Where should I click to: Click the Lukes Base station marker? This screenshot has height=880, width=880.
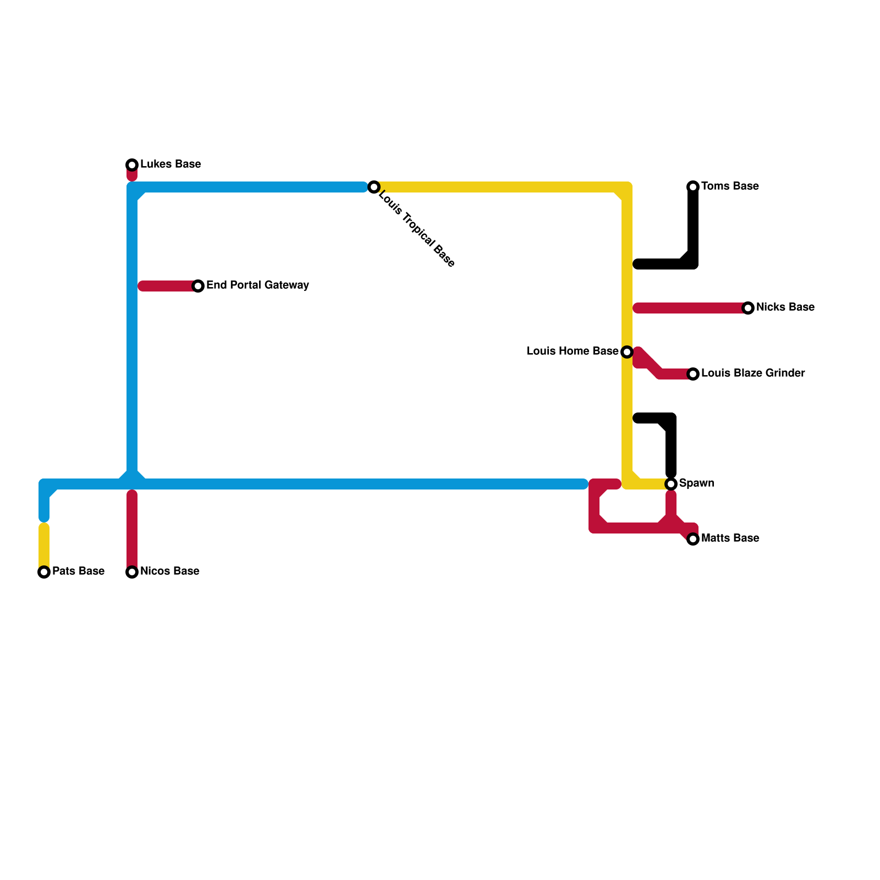click(132, 165)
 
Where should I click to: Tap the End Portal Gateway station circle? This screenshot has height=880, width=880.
click(198, 286)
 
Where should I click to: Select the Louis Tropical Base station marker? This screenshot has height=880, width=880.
click(374, 187)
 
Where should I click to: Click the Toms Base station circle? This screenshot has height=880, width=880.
click(693, 187)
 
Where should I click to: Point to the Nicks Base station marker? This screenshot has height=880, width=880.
click(748, 308)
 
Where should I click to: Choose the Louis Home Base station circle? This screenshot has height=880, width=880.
click(627, 352)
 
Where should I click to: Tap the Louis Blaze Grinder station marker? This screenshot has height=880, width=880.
click(693, 374)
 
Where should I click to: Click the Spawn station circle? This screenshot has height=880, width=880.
click(671, 484)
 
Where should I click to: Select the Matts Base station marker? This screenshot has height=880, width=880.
click(693, 539)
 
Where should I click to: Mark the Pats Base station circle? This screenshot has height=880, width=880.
click(44, 572)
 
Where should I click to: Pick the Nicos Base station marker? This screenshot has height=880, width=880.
click(132, 572)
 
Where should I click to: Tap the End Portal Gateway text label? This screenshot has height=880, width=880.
click(257, 285)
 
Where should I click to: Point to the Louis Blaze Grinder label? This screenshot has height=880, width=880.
click(753, 373)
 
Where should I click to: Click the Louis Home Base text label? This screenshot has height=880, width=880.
click(572, 351)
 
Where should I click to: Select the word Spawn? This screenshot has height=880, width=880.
click(696, 483)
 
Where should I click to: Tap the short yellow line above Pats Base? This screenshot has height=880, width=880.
click(44, 544)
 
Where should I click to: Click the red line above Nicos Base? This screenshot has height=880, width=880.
click(132, 528)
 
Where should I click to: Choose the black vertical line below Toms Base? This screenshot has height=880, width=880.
click(693, 226)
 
